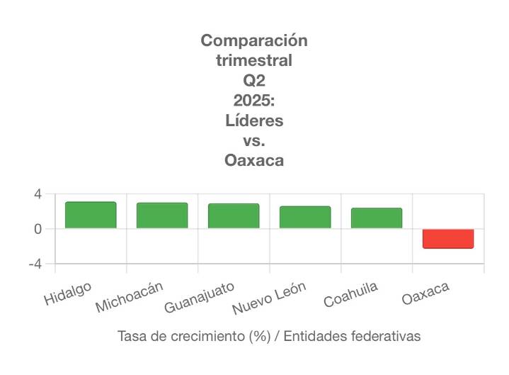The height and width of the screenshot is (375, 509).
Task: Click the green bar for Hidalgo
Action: pos(91,215)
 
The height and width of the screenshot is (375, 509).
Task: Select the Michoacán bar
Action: pos(162,216)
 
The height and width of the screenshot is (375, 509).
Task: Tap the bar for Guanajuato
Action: pos(234,216)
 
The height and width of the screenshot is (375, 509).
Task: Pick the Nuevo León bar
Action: pos(305,217)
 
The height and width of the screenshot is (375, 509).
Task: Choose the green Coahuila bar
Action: pos(377,218)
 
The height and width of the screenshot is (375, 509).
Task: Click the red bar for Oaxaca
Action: pos(448,238)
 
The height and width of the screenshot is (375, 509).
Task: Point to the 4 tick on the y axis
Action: pos(38,194)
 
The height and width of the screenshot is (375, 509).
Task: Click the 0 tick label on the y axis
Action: pos(38,229)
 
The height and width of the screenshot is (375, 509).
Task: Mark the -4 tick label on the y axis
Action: pos(35,264)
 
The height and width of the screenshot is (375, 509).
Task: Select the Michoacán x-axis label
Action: pos(130,297)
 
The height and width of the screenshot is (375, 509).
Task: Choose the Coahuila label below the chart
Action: pos(350,294)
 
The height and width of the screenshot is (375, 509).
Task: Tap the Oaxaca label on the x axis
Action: pos(425,293)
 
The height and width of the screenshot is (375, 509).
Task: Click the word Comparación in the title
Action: pos(254,40)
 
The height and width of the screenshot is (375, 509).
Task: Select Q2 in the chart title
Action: pos(254,80)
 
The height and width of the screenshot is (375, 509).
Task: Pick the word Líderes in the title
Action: pos(254,121)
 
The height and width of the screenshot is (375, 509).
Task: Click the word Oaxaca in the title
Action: pos(254,160)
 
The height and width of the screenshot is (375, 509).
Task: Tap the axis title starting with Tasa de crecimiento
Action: pos(269,336)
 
